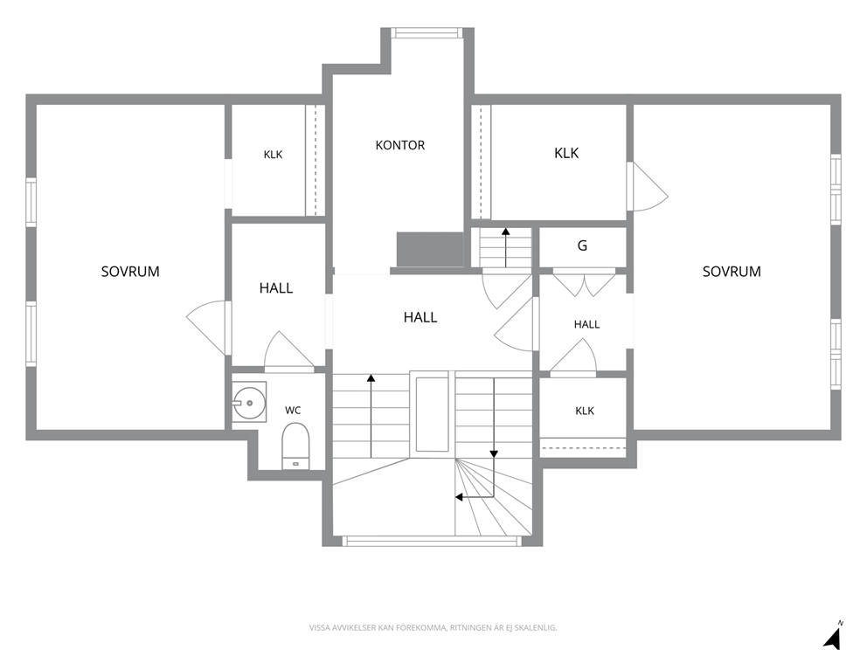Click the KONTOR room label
pyautogui.click(x=399, y=145)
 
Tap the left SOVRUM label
pyautogui.click(x=130, y=272)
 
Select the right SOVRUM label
pyautogui.click(x=731, y=272)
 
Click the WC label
pyautogui.click(x=293, y=410)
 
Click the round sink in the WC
pyautogui.click(x=249, y=403)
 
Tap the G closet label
pyautogui.click(x=582, y=245)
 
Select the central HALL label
pyautogui.click(x=420, y=317)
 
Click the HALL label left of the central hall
pyautogui.click(x=276, y=288)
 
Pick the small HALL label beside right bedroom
pyautogui.click(x=586, y=324)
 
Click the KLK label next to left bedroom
pyautogui.click(x=274, y=155)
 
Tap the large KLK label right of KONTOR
pyautogui.click(x=566, y=153)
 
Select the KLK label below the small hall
pyautogui.click(x=585, y=411)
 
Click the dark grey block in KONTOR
pyautogui.click(x=430, y=250)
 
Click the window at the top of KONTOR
pyautogui.click(x=427, y=32)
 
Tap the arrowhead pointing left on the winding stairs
pyautogui.click(x=459, y=497)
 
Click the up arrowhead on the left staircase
pyautogui.click(x=371, y=378)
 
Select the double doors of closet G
pyautogui.click(x=585, y=282)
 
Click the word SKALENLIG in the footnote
pyautogui.click(x=538, y=627)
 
